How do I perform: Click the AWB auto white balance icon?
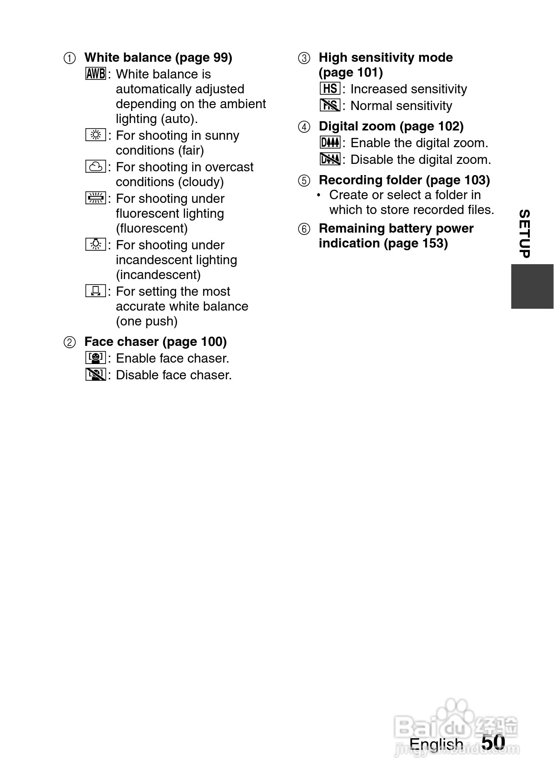(x=96, y=74)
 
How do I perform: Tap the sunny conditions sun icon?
(x=96, y=135)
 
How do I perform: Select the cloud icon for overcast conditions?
(x=96, y=167)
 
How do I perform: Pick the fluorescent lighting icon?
(x=96, y=198)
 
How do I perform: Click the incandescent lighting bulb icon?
(x=96, y=245)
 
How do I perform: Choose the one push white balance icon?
(x=96, y=291)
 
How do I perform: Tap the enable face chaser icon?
(x=96, y=358)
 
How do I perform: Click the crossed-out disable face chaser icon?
(x=96, y=375)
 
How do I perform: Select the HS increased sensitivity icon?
(x=330, y=89)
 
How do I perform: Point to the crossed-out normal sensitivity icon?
(x=330, y=105)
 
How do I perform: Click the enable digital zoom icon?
(x=330, y=143)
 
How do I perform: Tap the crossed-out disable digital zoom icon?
(x=330, y=159)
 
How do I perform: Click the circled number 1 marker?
(x=69, y=58)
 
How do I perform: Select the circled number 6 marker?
(x=304, y=229)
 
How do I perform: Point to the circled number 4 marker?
(x=304, y=127)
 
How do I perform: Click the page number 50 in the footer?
(x=493, y=742)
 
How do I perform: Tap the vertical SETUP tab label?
(x=524, y=234)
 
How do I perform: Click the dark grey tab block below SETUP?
(x=532, y=286)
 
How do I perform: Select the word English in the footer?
(x=436, y=744)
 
